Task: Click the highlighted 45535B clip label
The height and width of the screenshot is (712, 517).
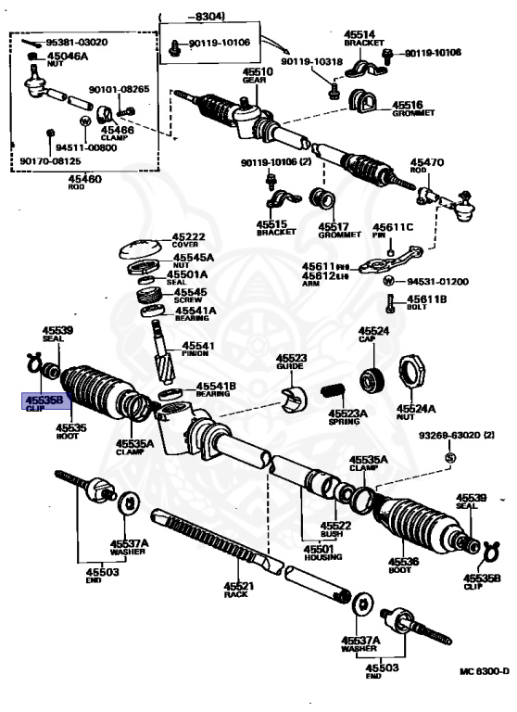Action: pos(44,403)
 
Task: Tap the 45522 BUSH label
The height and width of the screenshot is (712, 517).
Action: pos(335,530)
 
